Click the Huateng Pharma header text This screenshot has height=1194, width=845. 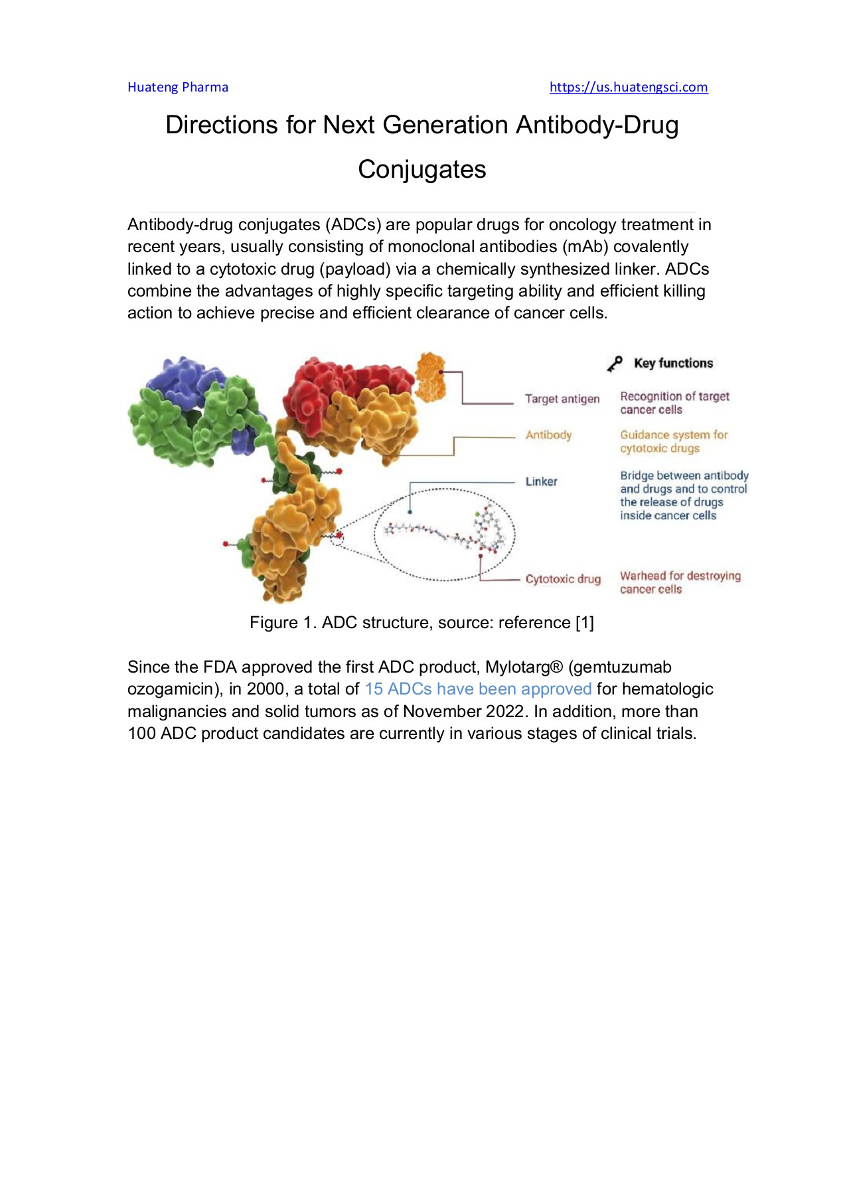coord(177,87)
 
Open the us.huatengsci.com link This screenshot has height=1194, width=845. coord(628,87)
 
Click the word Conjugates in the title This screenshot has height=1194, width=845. coord(422,170)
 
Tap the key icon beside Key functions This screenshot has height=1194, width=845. coord(615,364)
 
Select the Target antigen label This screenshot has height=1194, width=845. coord(562,399)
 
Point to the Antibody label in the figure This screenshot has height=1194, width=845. coord(548,435)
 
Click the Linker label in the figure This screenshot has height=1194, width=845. coord(541,482)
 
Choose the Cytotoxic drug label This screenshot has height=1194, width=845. coord(563,579)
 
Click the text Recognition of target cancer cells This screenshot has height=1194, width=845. coord(674,403)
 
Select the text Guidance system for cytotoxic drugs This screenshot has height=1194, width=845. coord(673,442)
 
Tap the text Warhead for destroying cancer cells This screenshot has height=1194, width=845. coord(680,582)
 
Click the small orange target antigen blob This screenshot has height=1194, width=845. coord(430,377)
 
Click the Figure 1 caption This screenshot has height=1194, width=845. coord(422,623)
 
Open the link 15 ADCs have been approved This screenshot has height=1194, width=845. coord(478,689)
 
